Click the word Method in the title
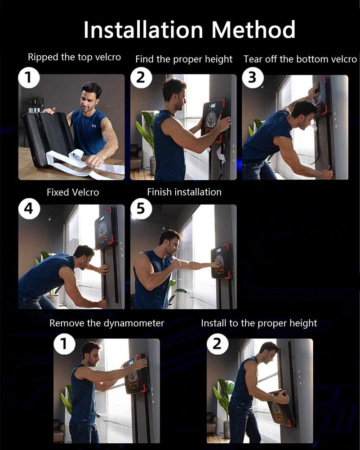point(253,30)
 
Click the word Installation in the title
point(143,30)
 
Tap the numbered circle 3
point(253,77)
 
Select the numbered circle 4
point(29,208)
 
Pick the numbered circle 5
point(141,208)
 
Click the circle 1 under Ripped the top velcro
point(29,77)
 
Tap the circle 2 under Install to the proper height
point(217,343)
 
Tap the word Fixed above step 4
point(58,192)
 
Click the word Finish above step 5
point(159,192)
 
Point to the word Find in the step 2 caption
point(145,59)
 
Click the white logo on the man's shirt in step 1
point(94,126)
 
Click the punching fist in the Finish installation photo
point(218,264)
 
